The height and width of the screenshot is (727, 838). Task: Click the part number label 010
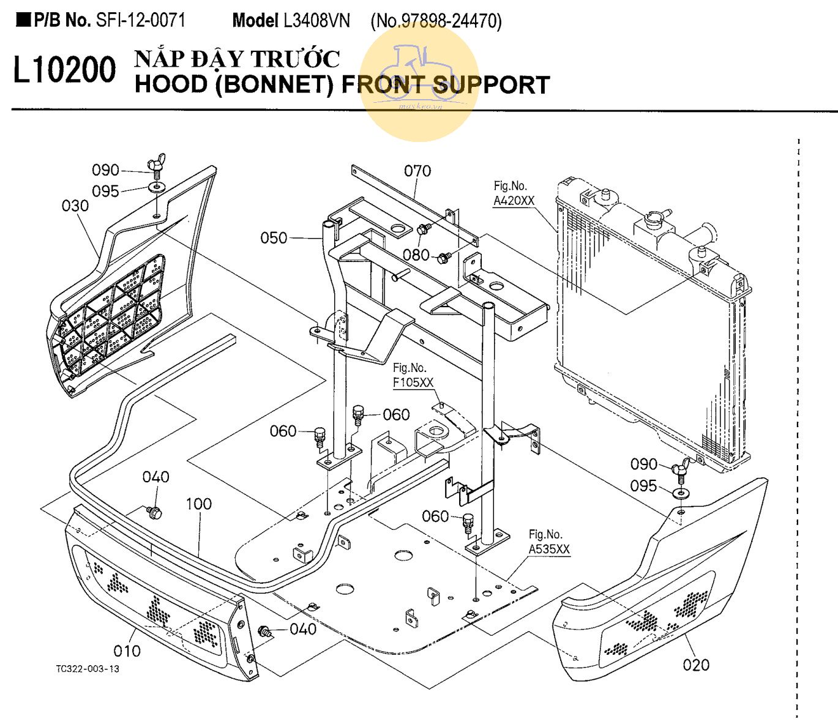point(127,651)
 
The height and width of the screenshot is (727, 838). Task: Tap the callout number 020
point(696,665)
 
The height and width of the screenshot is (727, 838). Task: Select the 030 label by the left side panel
point(75,206)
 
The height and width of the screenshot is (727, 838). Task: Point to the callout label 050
point(273,238)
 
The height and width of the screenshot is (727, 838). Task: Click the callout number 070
point(417,171)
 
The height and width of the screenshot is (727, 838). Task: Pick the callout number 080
point(416,255)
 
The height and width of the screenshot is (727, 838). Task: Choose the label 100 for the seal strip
point(198,504)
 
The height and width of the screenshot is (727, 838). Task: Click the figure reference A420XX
point(514,201)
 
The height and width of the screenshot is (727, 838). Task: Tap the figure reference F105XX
point(413,382)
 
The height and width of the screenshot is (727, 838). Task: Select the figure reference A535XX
point(548,550)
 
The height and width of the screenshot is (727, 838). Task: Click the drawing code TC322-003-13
point(88,669)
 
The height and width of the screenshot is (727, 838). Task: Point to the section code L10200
point(64,70)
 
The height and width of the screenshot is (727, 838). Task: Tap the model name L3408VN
point(316,21)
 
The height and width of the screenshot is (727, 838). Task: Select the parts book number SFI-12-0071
point(140,20)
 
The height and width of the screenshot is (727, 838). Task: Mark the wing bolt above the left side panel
point(155,166)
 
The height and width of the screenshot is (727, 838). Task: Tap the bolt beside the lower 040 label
point(266,632)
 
